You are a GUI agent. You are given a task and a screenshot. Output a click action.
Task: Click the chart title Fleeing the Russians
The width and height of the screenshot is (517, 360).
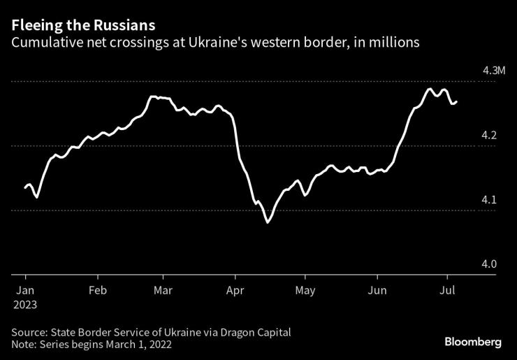click(82, 25)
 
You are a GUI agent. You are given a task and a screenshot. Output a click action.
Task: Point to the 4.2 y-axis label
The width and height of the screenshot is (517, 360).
click(489, 134)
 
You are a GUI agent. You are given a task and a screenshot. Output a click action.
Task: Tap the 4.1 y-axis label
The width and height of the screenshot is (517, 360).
click(489, 199)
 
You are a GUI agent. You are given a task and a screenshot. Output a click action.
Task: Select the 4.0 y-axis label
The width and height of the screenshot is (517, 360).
click(489, 264)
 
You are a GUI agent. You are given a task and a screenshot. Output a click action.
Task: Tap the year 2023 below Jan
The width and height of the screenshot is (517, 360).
click(25, 305)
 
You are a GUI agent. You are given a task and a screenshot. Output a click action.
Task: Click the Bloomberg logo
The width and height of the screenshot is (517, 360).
click(473, 342)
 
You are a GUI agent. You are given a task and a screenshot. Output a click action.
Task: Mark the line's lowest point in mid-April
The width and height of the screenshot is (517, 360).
click(267, 222)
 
